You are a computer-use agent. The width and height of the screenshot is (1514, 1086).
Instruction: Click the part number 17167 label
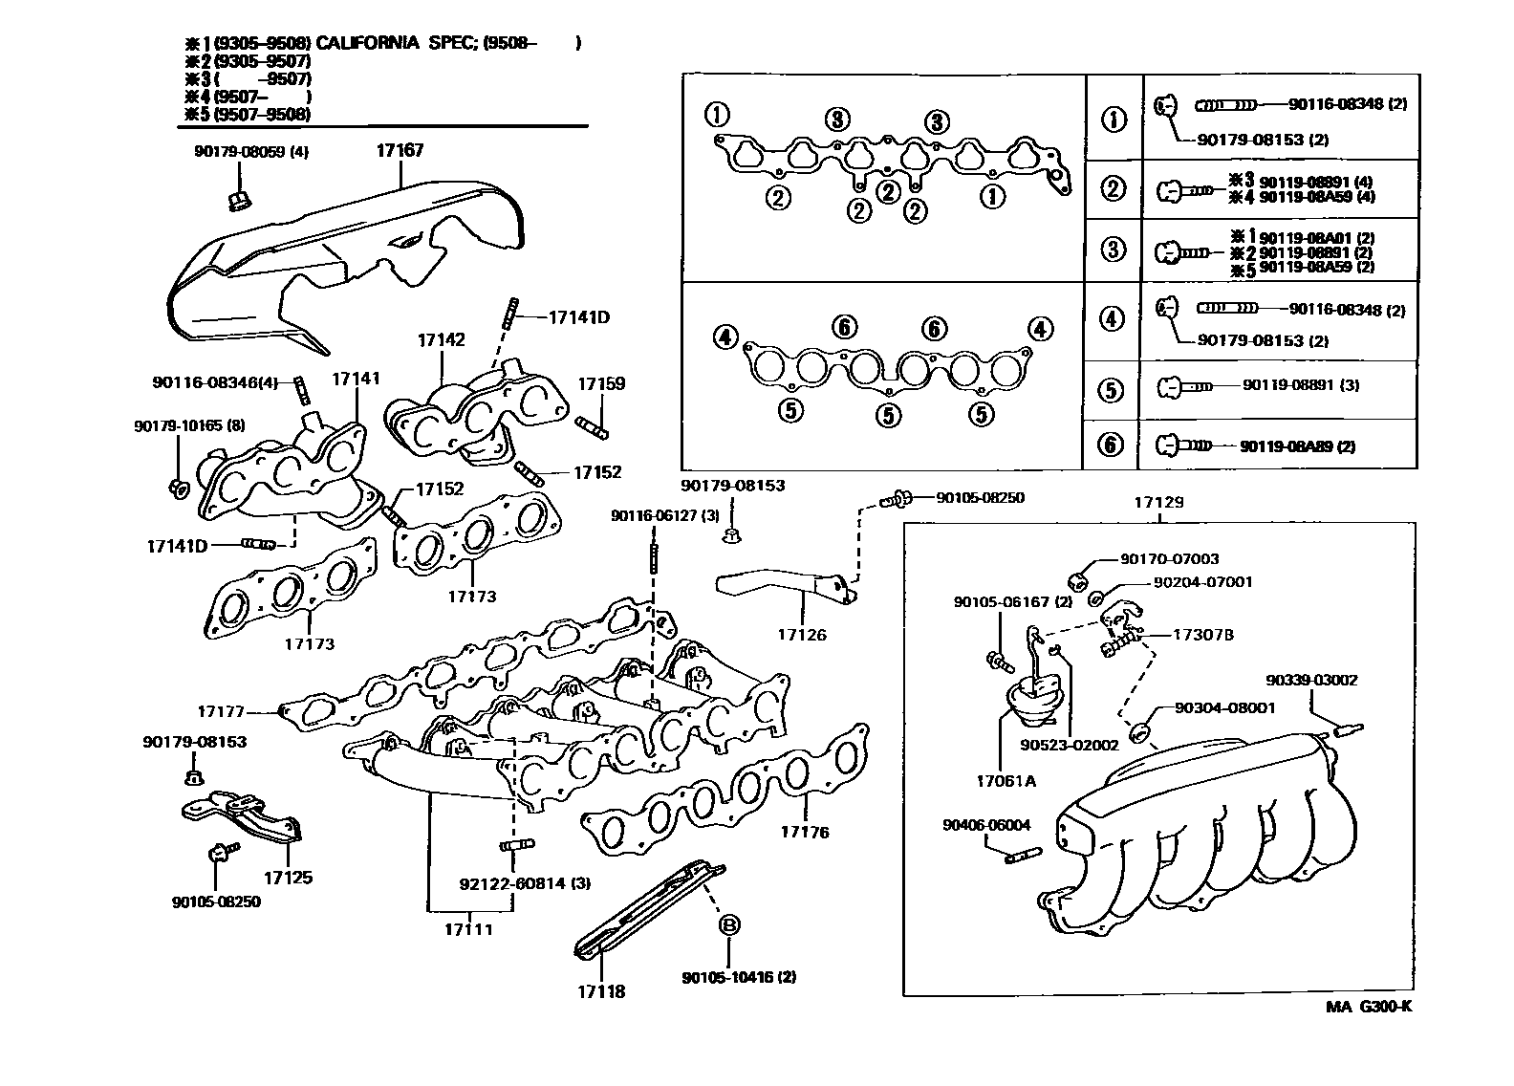pos(400,151)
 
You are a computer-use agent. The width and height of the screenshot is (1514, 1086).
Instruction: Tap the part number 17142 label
pos(441,340)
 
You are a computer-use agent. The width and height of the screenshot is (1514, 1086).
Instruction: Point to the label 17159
pos(601,384)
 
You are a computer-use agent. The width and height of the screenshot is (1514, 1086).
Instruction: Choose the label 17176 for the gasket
pos(805,832)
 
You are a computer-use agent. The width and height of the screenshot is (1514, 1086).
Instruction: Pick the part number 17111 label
pos(468,928)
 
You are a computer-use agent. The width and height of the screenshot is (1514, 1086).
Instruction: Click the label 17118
pos(600,991)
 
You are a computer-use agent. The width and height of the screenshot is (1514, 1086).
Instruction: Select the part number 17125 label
pos(288,877)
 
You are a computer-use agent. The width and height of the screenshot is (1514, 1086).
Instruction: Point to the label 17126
pos(802,635)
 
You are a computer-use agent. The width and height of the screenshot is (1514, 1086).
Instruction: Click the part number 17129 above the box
pos(1158,502)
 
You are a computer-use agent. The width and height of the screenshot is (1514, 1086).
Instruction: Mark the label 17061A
pos(1006,781)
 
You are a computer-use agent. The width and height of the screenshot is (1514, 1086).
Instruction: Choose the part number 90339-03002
pos(1311,681)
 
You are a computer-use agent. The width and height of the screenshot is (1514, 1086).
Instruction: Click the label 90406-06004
pos(985,825)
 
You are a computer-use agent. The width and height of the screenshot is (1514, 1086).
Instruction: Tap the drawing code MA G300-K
pos(1368,1007)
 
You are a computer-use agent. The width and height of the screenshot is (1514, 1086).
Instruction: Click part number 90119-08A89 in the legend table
pos(1297,446)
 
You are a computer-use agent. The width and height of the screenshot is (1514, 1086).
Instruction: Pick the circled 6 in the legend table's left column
pos(1111,445)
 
